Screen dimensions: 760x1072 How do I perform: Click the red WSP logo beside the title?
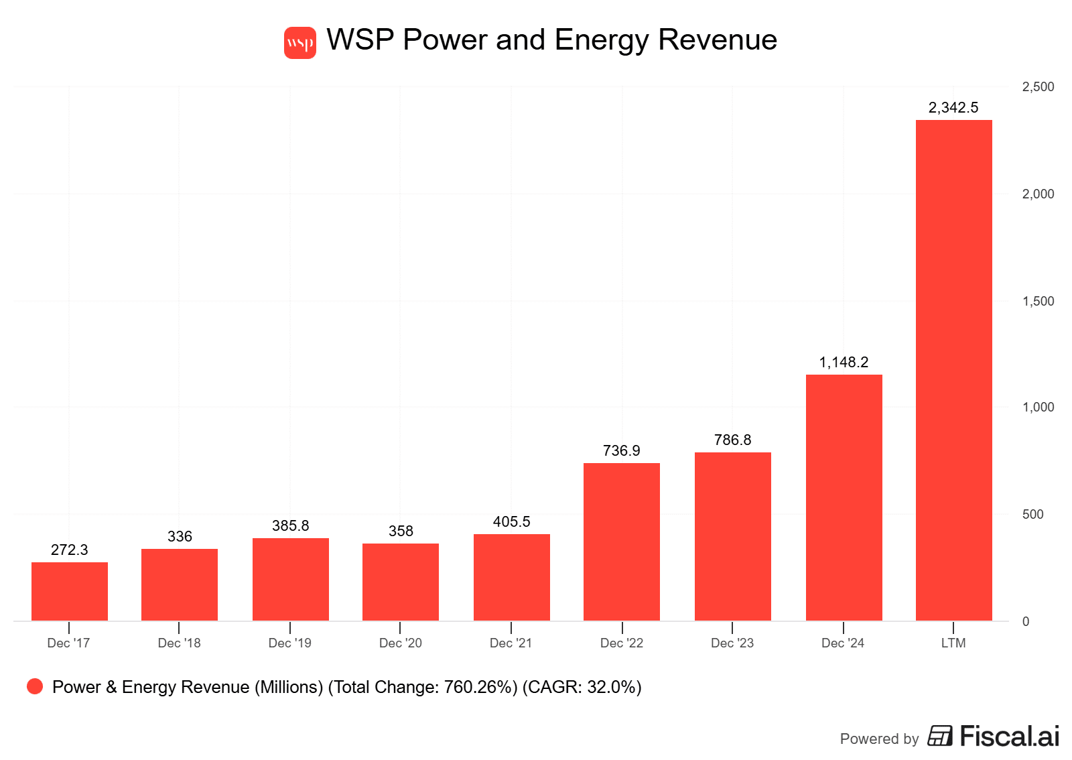coord(299,43)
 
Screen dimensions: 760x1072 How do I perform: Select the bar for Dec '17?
coord(70,591)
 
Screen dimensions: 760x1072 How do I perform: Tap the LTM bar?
coord(953,370)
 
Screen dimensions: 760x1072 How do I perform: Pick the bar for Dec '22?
coord(622,542)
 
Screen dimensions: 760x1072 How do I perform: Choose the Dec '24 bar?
coord(844,497)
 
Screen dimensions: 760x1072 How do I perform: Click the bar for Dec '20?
coord(401,582)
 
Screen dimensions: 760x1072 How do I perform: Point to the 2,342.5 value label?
coord(953,108)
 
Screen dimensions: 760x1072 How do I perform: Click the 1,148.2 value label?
coord(844,363)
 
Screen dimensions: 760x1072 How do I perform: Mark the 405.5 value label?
coord(511,522)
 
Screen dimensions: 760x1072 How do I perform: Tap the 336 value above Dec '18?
coord(180,537)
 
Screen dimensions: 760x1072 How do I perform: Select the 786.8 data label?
coord(732,440)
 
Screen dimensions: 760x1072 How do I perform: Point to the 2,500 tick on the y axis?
coord(1038,87)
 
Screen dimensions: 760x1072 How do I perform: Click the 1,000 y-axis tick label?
coord(1038,407)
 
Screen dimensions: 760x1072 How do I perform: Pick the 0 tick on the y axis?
coord(1026,622)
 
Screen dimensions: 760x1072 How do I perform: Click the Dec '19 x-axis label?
coord(289,643)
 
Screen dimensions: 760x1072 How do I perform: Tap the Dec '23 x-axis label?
coord(732,643)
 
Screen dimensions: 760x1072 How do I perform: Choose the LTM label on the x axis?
coord(953,643)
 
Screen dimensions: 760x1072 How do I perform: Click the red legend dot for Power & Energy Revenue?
coord(35,686)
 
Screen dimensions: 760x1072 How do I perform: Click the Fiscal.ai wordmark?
coord(1009,737)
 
